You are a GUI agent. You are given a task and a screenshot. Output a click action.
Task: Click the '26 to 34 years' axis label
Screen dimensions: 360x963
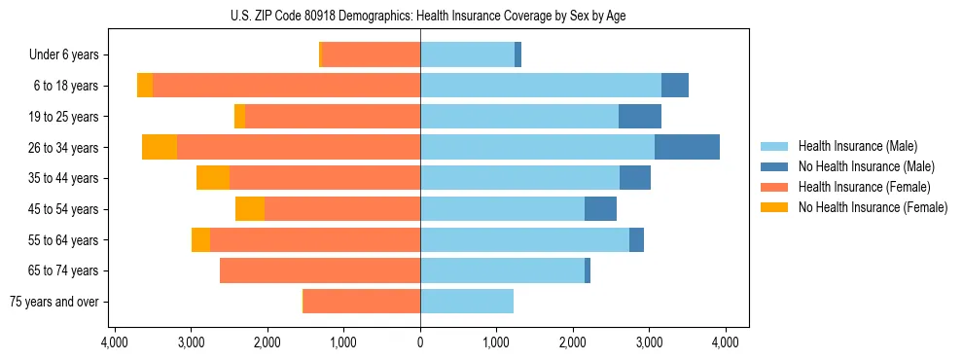point(63,148)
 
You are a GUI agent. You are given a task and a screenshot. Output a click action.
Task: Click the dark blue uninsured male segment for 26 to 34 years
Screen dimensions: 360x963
point(687,147)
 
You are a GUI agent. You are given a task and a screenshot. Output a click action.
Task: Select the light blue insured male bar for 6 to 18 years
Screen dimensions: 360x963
point(541,86)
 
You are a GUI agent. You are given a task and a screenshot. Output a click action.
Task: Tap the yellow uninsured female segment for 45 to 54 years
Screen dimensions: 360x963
point(250,209)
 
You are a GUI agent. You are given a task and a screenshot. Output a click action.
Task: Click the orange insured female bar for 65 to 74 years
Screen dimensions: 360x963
point(320,270)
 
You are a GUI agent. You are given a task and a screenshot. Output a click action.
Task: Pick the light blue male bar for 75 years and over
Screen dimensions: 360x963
point(467,302)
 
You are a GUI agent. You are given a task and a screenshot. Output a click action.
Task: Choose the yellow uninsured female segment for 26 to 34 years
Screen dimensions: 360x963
point(160,147)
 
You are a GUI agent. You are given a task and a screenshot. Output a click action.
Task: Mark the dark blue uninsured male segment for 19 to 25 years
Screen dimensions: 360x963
point(640,117)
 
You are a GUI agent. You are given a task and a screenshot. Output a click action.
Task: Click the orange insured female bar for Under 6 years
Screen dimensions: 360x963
point(371,54)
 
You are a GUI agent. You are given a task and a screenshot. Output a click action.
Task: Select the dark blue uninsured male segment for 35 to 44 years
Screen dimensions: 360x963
point(635,178)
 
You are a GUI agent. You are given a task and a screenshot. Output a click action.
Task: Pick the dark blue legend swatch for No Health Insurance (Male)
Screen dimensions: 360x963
point(775,166)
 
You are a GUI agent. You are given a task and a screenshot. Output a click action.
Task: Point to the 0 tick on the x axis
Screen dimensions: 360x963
point(420,342)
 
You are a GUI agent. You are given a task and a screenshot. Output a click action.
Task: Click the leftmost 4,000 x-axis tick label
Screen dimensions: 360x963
point(115,342)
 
